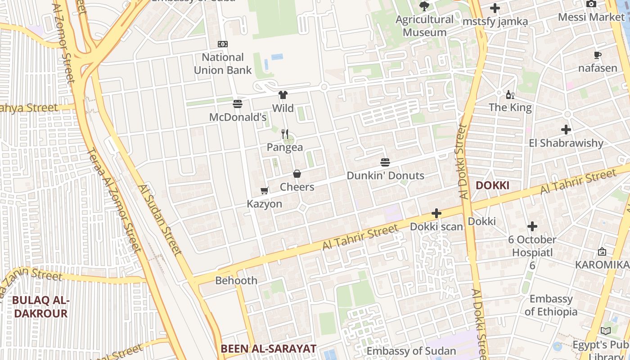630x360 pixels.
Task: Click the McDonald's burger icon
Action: (x=238, y=104)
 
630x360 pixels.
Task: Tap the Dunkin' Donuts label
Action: (x=385, y=175)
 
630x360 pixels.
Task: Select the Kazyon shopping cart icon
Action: (x=265, y=191)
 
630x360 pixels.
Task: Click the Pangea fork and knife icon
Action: (x=285, y=134)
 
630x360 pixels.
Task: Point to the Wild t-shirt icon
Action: (x=283, y=94)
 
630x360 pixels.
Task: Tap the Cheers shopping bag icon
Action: (x=297, y=174)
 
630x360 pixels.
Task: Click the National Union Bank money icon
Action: (x=223, y=44)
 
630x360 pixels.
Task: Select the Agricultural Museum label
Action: (x=424, y=26)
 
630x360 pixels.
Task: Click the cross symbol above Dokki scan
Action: (x=436, y=213)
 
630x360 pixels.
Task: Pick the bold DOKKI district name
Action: (x=492, y=185)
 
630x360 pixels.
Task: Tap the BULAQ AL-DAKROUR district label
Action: (x=40, y=307)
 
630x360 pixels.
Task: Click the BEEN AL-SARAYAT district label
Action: (x=268, y=348)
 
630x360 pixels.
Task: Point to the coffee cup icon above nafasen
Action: (x=598, y=55)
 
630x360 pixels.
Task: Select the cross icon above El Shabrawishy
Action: (x=566, y=130)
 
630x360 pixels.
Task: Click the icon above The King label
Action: (x=510, y=94)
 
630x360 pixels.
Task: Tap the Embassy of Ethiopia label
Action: (x=551, y=305)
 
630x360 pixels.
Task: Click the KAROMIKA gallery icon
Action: (x=602, y=252)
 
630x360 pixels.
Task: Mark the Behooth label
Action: (x=236, y=280)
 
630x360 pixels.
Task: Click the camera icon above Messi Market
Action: (x=591, y=4)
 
